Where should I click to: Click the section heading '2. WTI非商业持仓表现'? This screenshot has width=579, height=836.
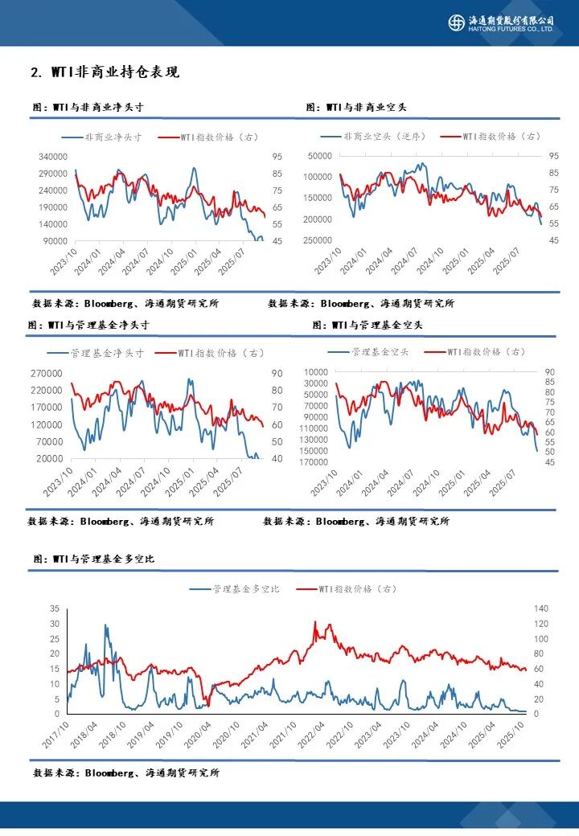[x=105, y=72]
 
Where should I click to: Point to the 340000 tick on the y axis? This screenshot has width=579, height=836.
[x=52, y=156]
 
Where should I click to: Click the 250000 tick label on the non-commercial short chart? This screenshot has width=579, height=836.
[x=319, y=240]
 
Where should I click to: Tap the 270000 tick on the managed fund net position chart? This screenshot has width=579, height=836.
[x=48, y=373]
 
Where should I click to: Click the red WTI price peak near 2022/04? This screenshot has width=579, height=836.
[x=315, y=621]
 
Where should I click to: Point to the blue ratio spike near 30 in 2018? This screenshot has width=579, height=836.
[x=105, y=625]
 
